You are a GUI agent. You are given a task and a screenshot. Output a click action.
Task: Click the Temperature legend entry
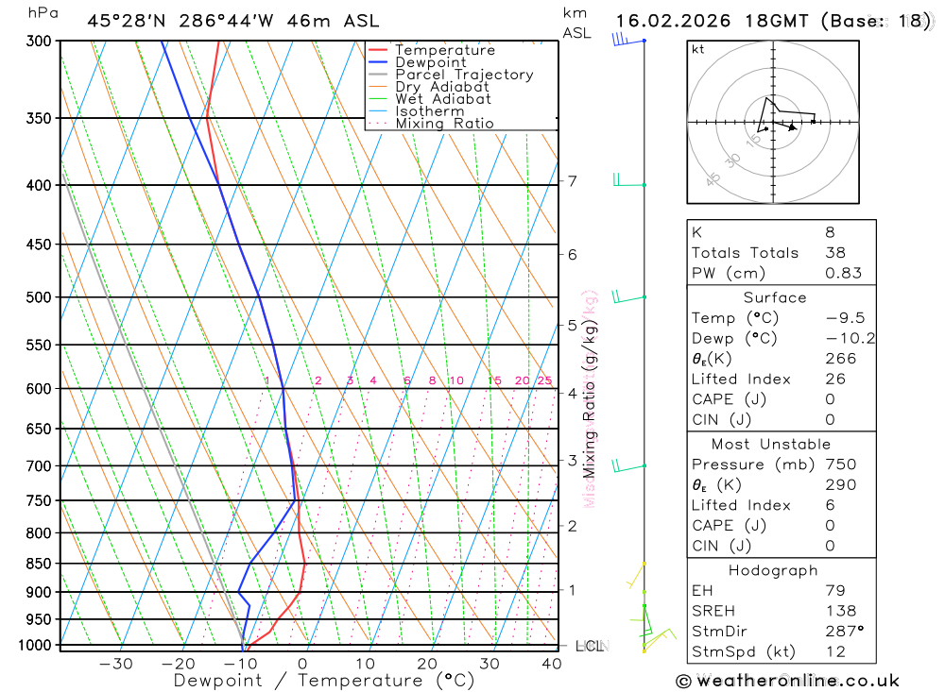[x=444, y=50]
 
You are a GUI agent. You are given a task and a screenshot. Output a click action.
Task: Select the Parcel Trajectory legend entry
[x=463, y=75]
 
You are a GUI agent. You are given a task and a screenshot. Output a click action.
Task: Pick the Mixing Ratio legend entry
[x=444, y=124]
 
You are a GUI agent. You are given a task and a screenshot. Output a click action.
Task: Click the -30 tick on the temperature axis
[x=115, y=664]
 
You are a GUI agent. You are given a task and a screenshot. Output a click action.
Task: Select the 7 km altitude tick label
[x=573, y=180]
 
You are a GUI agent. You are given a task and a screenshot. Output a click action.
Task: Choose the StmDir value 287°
[x=844, y=631]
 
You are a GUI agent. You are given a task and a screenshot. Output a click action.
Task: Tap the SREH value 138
[x=840, y=611]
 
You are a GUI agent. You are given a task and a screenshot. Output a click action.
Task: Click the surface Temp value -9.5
[x=844, y=318]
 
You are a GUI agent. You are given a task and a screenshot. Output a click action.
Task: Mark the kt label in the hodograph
[x=698, y=50]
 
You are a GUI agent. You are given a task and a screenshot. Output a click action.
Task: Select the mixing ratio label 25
[x=544, y=380]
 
